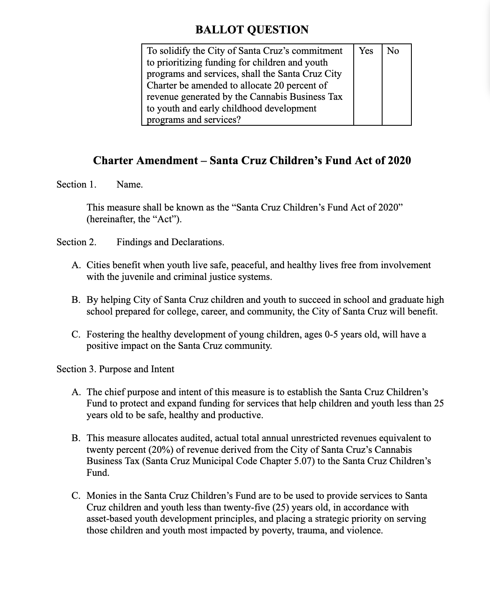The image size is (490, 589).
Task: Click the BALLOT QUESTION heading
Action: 252,30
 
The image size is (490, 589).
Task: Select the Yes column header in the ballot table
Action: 366,51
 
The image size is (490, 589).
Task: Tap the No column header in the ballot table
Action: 393,51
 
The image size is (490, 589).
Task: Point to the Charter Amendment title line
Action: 252,161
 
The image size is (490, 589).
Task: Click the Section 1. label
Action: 77,185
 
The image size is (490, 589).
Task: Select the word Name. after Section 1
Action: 130,185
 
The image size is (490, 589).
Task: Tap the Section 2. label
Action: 77,242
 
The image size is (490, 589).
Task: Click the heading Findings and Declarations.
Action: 170,242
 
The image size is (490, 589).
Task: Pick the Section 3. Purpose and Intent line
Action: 115,369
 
